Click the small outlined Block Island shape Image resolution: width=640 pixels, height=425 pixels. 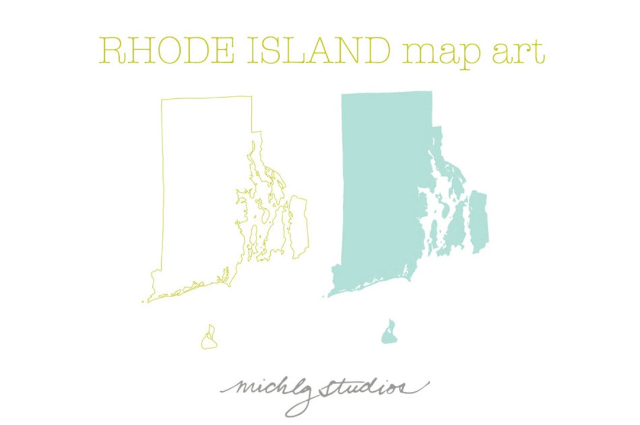pos(209,339)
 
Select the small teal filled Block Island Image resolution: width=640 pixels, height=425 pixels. pos(389,334)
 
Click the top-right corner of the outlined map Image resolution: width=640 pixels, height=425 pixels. pos(252,96)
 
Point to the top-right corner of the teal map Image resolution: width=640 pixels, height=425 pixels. pos(431,92)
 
